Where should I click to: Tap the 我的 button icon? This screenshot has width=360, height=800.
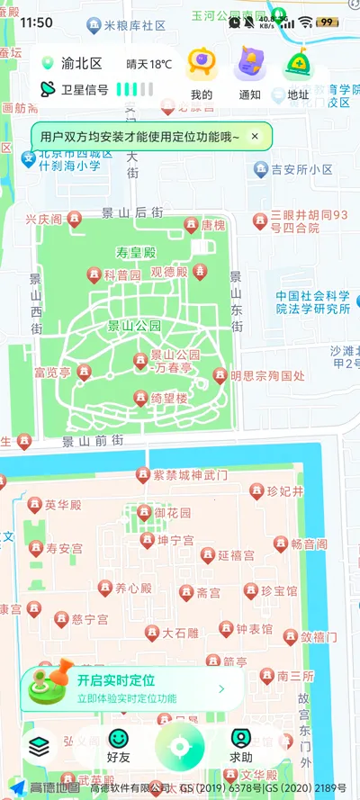click(202, 66)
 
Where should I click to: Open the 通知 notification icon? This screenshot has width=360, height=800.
click(250, 66)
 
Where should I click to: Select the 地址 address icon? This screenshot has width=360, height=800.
click(298, 66)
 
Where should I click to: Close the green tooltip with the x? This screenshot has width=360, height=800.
click(255, 137)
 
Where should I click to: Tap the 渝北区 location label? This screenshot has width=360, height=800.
click(81, 64)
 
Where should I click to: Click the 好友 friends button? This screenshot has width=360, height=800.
click(119, 746)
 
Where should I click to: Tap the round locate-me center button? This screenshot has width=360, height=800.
click(180, 747)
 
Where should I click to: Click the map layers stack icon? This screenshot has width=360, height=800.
click(38, 746)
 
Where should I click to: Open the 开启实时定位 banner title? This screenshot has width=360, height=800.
click(115, 680)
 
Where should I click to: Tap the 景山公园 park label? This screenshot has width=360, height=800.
click(134, 326)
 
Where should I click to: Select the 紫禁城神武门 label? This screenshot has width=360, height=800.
click(190, 475)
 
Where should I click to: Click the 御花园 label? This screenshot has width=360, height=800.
click(173, 513)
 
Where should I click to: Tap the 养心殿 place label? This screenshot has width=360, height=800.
click(132, 589)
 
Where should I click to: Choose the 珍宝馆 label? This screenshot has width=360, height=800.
click(279, 591)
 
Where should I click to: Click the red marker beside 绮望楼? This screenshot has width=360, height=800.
click(140, 398)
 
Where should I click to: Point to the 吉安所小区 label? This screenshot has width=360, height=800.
click(301, 169)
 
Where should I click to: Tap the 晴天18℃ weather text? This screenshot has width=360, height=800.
click(148, 64)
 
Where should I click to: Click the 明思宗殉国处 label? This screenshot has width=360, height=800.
click(267, 376)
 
